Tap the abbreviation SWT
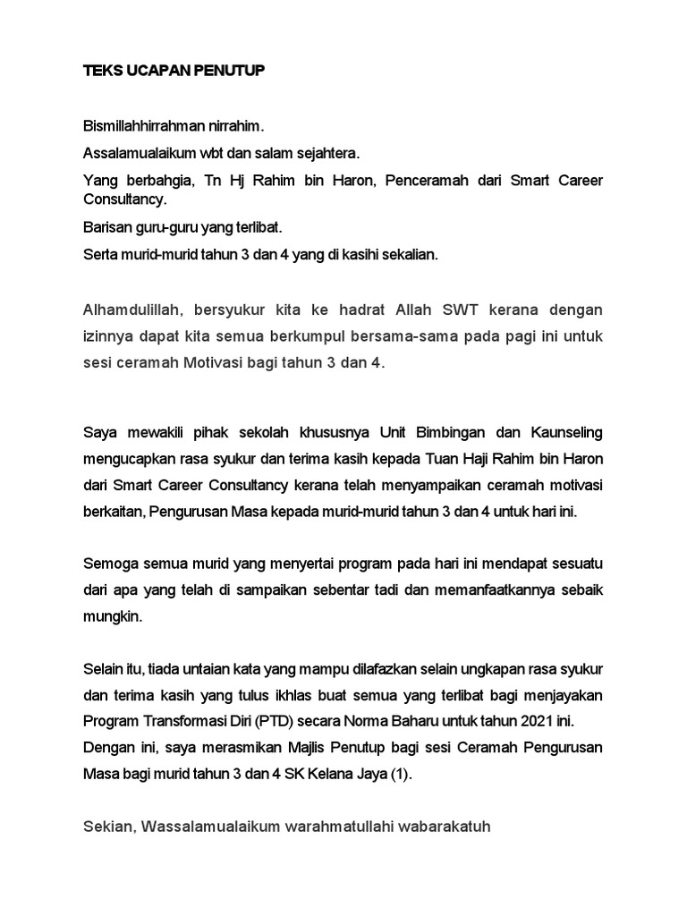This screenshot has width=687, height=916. pos(462,310)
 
